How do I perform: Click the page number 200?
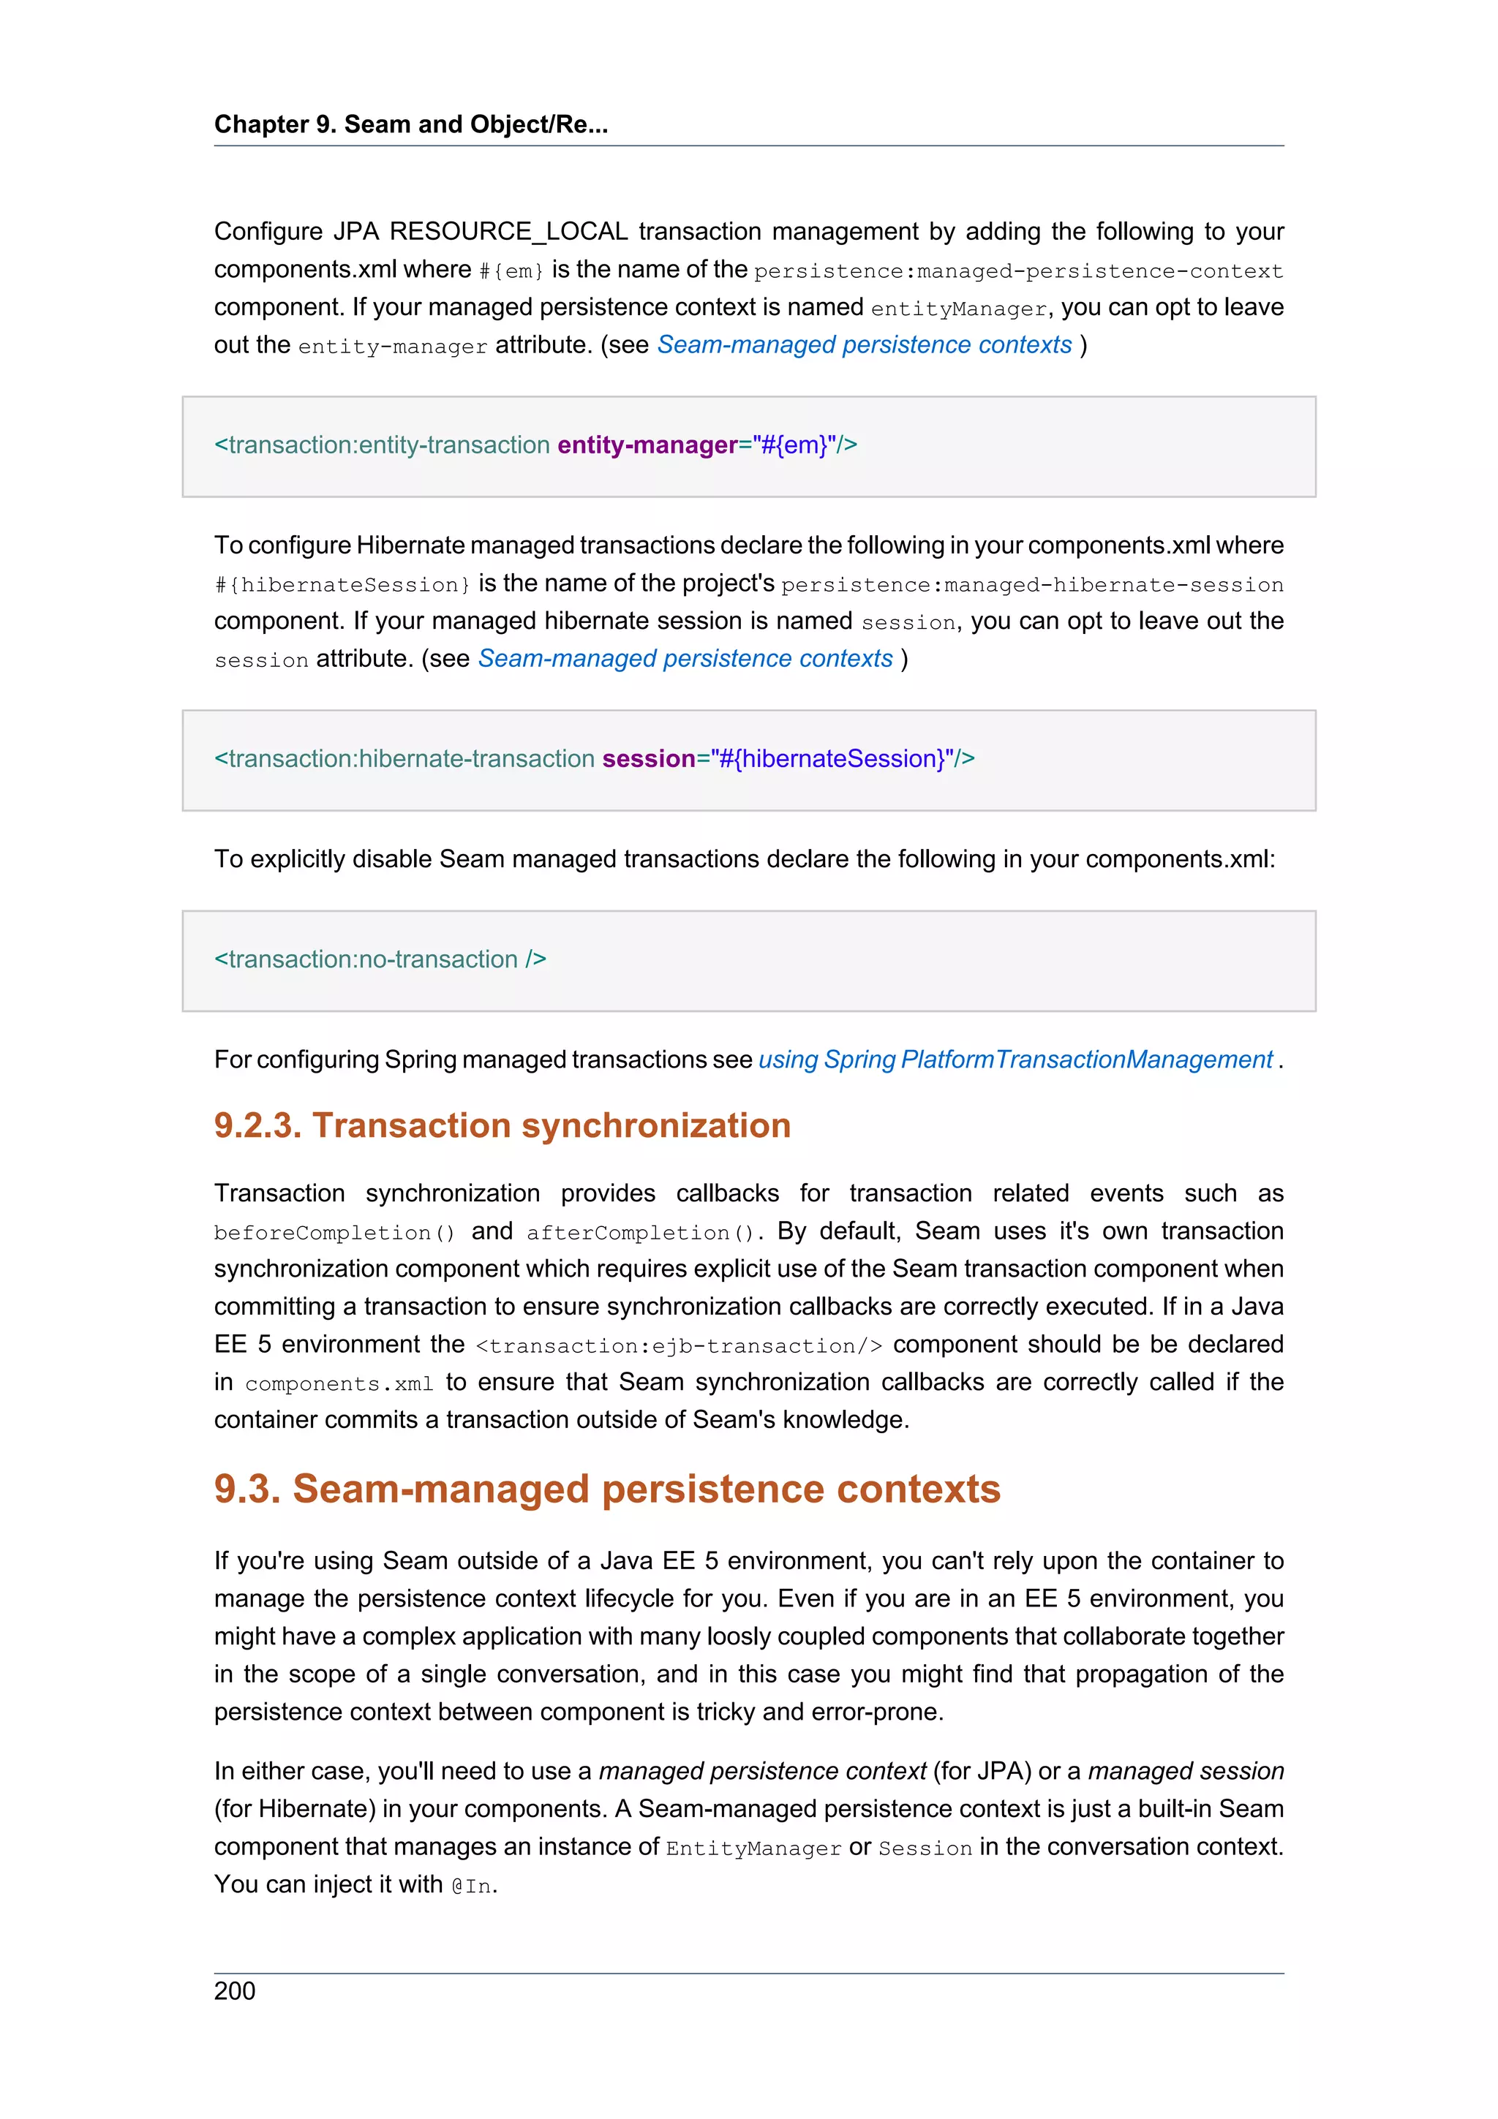pos(235,1991)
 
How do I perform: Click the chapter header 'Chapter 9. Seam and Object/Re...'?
pos(411,124)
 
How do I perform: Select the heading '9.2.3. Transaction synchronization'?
pos(502,1125)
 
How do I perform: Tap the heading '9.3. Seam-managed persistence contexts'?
pos(607,1489)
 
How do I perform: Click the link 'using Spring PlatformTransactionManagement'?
pos(1015,1059)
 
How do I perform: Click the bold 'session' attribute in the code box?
pos(648,759)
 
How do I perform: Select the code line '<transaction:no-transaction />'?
pos(380,960)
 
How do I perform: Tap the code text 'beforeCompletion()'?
pos(334,1233)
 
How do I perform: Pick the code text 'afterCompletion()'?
pos(641,1233)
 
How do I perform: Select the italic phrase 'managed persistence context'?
pos(762,1771)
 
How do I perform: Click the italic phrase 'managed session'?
pos(1185,1771)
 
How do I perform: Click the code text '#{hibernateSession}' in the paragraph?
pos(342,585)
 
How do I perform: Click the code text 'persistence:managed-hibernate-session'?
pos(1031,585)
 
